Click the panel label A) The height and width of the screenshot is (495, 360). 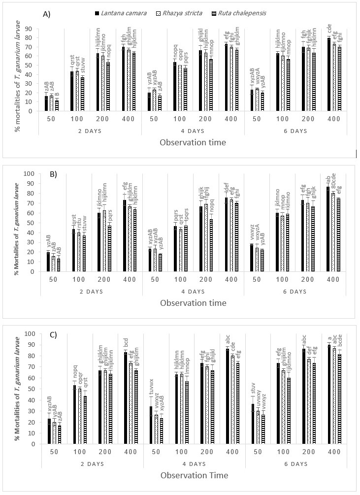[47, 13]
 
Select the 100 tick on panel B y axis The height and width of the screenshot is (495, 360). [31, 173]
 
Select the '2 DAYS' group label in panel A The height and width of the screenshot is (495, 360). [90, 131]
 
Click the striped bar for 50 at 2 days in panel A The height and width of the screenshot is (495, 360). [57, 106]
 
